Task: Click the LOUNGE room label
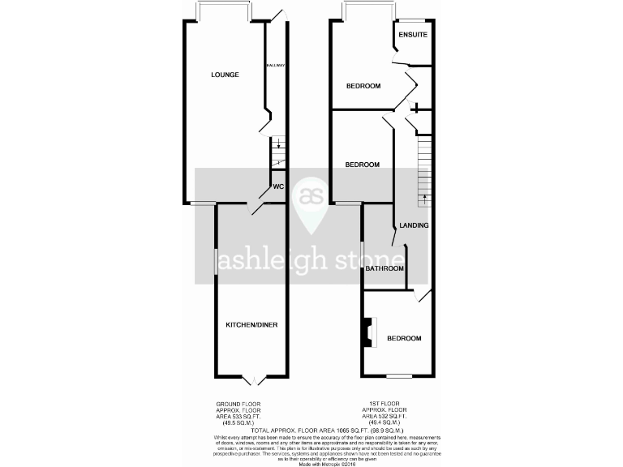[225, 75]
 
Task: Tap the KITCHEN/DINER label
[251, 325]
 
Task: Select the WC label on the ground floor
[277, 187]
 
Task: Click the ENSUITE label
[412, 35]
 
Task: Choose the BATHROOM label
[385, 268]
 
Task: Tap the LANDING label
[413, 225]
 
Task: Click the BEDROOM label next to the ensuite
[363, 85]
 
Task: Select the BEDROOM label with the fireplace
[403, 338]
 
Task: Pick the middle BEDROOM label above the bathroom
[363, 165]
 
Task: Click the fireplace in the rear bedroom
[371, 332]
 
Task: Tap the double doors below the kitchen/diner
[252, 379]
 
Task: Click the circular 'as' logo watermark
[311, 196]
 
